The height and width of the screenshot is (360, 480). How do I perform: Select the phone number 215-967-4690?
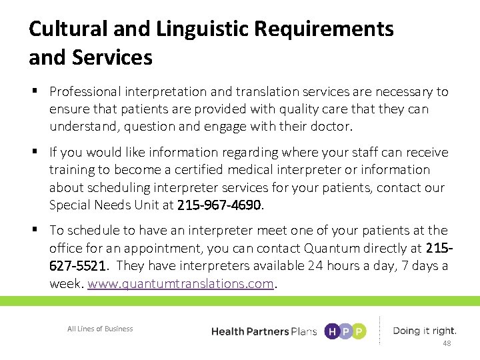tap(220, 205)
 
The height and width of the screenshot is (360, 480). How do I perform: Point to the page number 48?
tap(447, 343)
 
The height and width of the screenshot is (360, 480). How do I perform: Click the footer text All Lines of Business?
tap(100, 329)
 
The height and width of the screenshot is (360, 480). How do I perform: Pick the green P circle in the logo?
tap(359, 331)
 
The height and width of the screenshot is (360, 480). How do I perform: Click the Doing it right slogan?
tap(425, 331)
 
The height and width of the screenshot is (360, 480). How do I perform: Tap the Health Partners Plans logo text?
tap(263, 331)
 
